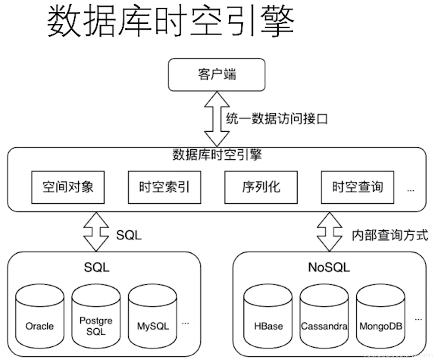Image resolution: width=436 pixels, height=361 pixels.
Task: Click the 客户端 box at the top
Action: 217,75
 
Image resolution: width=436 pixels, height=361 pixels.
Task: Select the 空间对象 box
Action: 68,187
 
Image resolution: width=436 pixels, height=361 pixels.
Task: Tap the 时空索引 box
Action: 164,187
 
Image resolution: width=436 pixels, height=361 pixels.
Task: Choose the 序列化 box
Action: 261,187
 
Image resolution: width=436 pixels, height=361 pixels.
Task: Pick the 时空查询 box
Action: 357,187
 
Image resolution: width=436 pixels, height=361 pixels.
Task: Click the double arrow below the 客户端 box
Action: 217,119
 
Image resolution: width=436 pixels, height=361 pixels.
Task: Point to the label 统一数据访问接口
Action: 276,119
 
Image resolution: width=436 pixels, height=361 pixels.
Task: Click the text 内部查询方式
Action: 390,235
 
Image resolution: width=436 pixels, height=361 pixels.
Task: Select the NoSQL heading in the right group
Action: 329,267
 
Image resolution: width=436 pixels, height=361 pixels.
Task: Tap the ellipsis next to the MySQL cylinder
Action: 185,323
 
